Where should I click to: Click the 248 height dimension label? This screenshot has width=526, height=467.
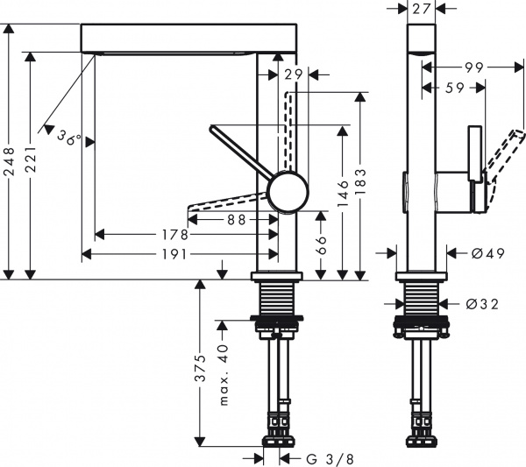tap(10, 160)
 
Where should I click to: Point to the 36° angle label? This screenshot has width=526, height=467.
tap(68, 138)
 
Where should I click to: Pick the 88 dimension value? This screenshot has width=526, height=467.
tap(236, 221)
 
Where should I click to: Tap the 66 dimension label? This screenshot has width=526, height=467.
tap(321, 244)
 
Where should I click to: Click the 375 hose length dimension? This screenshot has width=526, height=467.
tap(200, 367)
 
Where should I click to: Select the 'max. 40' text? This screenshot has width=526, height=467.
tap(224, 376)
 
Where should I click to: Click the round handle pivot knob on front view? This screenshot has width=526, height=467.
tap(288, 192)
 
